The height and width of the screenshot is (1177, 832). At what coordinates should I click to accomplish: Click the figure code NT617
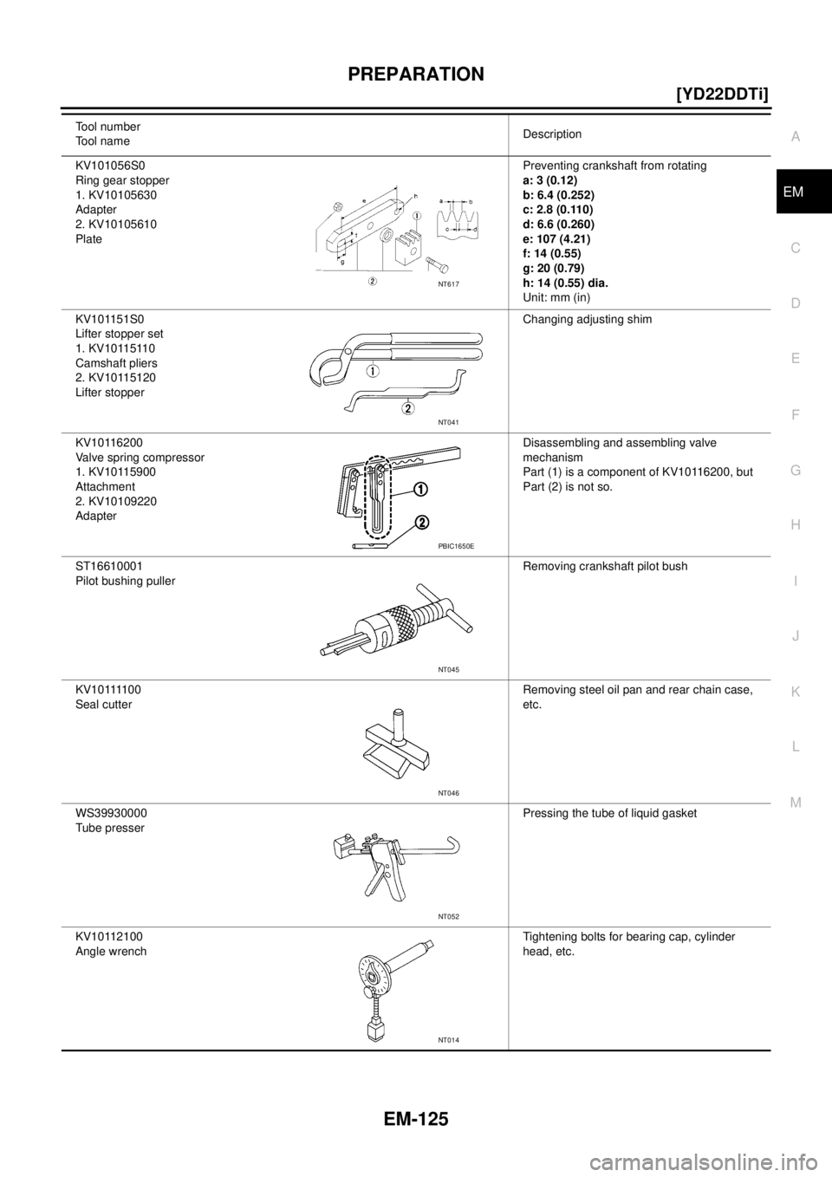point(451,282)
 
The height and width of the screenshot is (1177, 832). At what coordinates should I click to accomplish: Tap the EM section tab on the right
point(794,192)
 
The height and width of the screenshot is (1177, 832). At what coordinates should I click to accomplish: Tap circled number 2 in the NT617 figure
point(372,281)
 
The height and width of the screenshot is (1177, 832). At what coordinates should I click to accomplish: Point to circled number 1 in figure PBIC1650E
point(419,490)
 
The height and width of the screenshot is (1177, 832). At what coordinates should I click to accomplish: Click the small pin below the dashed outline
point(370,546)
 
